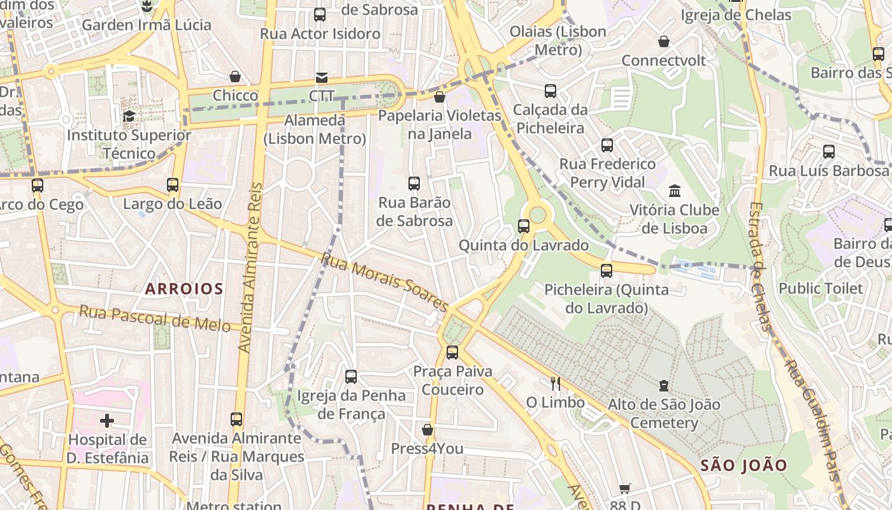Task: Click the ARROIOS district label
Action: (183, 289)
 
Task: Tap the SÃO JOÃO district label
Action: (744, 465)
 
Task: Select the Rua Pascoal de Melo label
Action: (154, 318)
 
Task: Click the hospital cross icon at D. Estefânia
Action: (107, 421)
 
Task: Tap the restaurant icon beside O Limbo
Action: (556, 383)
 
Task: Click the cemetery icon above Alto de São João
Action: (664, 385)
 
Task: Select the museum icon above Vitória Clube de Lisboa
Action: (674, 191)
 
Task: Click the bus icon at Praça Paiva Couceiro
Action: (452, 352)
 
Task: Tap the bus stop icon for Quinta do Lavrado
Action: (524, 226)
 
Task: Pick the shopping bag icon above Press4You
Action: (428, 430)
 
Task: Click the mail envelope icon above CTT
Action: (322, 78)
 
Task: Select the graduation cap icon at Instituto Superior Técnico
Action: (129, 116)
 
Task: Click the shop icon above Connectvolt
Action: (664, 41)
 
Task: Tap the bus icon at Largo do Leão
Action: (173, 185)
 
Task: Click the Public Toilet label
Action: (821, 288)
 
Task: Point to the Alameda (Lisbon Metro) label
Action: (315, 129)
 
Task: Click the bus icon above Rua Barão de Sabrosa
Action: (414, 184)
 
